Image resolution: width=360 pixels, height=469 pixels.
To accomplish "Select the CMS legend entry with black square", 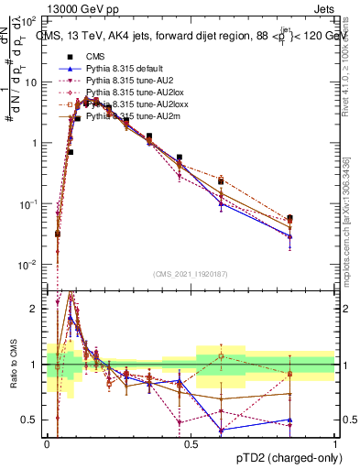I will pyautogui.click(x=94, y=58).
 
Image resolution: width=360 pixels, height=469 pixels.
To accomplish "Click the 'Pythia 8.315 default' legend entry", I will pyautogui.click(x=127, y=70).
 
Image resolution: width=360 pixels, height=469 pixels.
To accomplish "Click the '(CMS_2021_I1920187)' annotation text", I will pyautogui.click(x=191, y=276).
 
